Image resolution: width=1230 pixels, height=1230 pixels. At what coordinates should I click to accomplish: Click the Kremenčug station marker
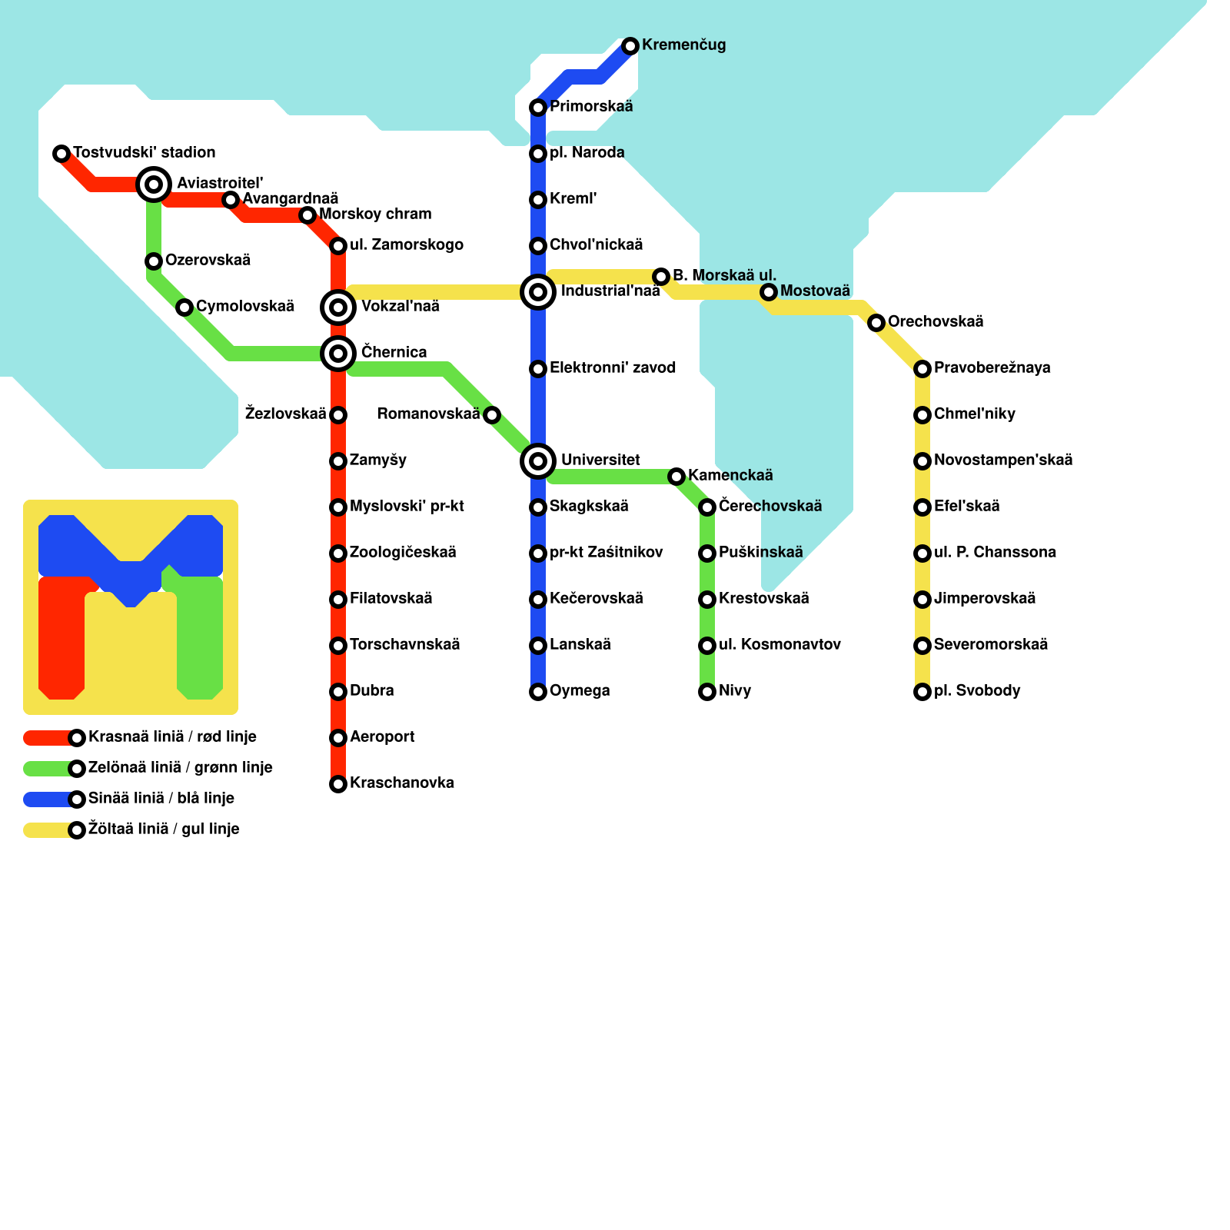[x=630, y=46]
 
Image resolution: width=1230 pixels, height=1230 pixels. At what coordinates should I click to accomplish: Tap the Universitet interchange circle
[x=538, y=461]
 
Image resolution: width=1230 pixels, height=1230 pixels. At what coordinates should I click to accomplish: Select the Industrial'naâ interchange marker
[x=538, y=292]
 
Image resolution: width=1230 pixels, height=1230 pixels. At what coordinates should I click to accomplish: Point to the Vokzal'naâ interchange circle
[x=338, y=307]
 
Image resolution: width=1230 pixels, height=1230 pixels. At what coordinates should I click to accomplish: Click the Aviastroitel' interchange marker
[x=154, y=184]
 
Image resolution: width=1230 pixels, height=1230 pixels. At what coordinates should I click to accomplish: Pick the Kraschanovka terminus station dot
[x=338, y=784]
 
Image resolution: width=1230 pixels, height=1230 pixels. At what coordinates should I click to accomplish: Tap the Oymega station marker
[x=538, y=692]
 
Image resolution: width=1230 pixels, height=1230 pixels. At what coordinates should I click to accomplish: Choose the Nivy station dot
[x=707, y=692]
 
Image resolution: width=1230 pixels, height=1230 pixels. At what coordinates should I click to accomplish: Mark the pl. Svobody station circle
[x=922, y=692]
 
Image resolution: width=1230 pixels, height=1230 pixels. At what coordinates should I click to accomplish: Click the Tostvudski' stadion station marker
[x=61, y=154]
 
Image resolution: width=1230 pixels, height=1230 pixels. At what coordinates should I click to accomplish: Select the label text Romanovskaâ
[x=428, y=414]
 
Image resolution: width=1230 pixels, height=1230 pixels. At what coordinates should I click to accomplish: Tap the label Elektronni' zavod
[x=612, y=368]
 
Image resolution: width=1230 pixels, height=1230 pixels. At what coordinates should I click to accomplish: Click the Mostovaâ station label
[x=815, y=291]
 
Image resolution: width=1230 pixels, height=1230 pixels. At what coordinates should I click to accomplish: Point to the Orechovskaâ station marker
[x=876, y=323]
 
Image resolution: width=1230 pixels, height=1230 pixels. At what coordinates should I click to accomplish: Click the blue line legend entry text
[x=161, y=799]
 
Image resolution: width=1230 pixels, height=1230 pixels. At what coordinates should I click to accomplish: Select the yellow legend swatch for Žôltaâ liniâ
[x=48, y=830]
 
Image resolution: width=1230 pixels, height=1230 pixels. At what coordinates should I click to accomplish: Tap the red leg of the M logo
[x=61, y=638]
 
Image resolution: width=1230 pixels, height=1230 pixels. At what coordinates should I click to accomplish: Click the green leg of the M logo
[x=200, y=638]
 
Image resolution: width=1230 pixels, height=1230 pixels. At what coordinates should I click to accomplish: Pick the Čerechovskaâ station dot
[x=707, y=507]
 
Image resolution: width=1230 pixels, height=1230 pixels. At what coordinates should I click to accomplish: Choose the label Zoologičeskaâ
[x=403, y=553]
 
